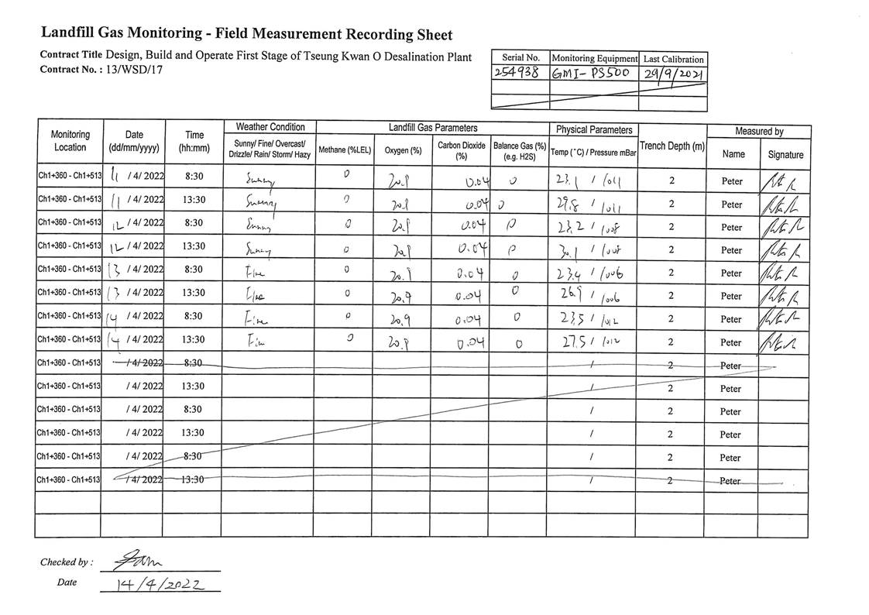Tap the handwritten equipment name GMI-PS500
tap(592, 74)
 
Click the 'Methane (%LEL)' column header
tap(345, 150)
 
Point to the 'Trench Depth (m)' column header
tap(671, 146)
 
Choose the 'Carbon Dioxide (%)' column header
tap(460, 150)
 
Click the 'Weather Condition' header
tap(270, 127)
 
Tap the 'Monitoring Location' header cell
tap(70, 141)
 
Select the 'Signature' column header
tap(785, 154)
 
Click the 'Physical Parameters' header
tap(592, 130)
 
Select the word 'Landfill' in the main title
tap(70, 33)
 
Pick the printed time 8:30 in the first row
tap(194, 177)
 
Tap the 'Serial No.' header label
tap(520, 58)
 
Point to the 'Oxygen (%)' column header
tap(403, 150)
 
